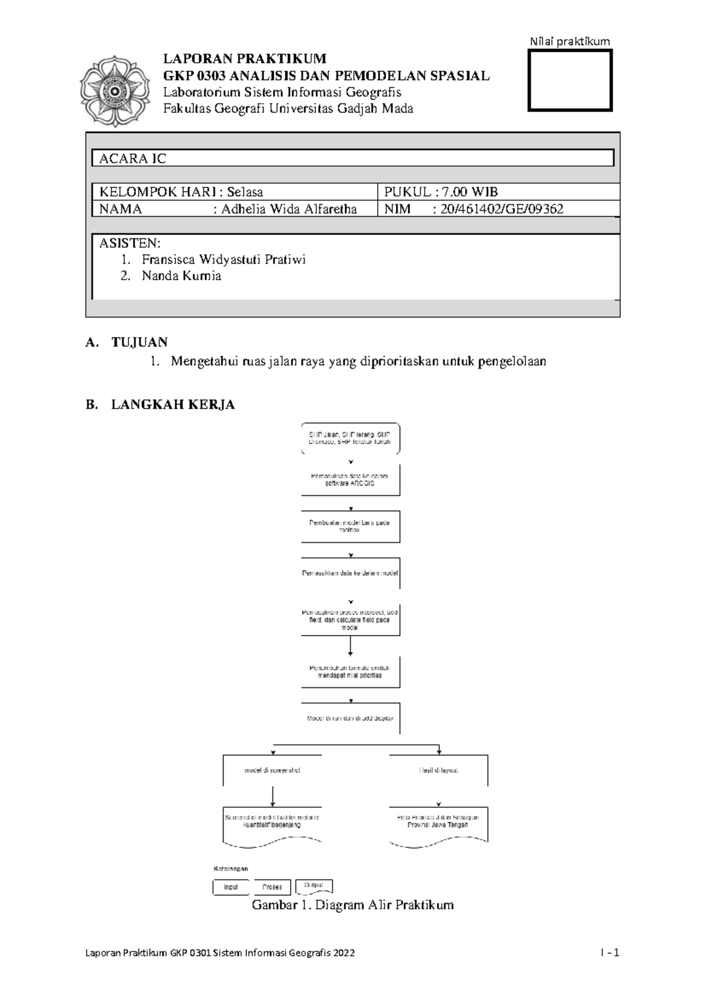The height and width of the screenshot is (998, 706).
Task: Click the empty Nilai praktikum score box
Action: pyautogui.click(x=570, y=81)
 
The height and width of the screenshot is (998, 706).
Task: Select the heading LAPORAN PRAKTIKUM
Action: pyautogui.click(x=244, y=58)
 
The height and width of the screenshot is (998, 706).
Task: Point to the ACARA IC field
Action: pyautogui.click(x=353, y=158)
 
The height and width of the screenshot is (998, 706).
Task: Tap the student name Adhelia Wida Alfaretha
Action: pyautogui.click(x=289, y=209)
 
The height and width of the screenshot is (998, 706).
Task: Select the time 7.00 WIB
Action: pyautogui.click(x=465, y=192)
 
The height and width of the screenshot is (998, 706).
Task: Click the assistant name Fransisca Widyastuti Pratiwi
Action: pyautogui.click(x=224, y=260)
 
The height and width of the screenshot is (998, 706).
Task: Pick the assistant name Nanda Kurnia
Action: pyautogui.click(x=181, y=276)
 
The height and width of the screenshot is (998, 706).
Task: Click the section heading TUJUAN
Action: pyautogui.click(x=139, y=342)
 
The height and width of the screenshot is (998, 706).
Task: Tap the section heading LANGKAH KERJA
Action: pyautogui.click(x=173, y=405)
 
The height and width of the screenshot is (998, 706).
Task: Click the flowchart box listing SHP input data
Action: pyautogui.click(x=350, y=438)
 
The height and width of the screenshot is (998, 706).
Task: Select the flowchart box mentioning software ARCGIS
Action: pyautogui.click(x=350, y=480)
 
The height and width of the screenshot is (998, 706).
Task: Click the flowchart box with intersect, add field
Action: pyautogui.click(x=350, y=620)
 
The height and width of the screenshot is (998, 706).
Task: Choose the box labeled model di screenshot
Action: pyautogui.click(x=272, y=770)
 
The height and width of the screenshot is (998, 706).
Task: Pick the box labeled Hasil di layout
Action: pyautogui.click(x=438, y=770)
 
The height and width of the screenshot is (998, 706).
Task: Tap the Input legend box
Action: pyautogui.click(x=231, y=887)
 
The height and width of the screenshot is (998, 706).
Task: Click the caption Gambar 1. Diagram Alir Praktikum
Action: pyautogui.click(x=352, y=905)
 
